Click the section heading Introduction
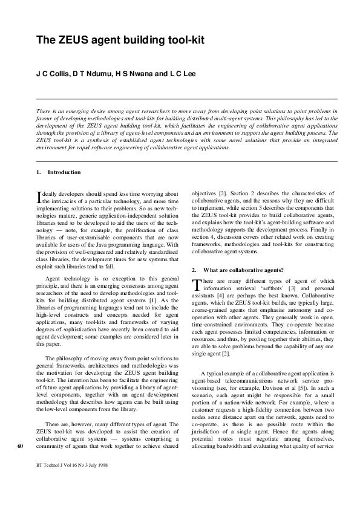point(64,172)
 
